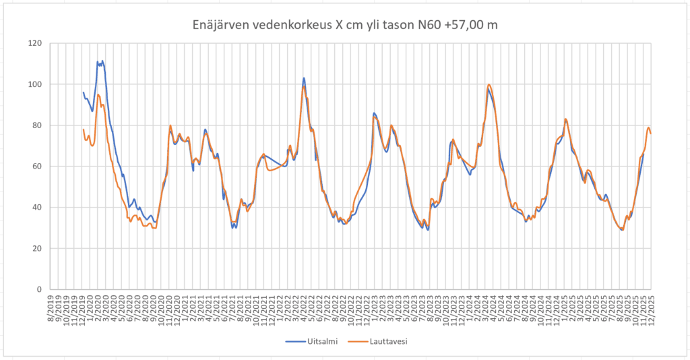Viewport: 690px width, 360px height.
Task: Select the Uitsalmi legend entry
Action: (x=319, y=341)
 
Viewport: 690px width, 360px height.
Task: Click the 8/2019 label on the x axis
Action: (x=51, y=306)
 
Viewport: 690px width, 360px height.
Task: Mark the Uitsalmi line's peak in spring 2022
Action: (x=304, y=78)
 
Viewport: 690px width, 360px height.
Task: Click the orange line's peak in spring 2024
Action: (x=489, y=84)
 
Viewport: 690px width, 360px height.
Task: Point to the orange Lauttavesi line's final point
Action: (x=651, y=133)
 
